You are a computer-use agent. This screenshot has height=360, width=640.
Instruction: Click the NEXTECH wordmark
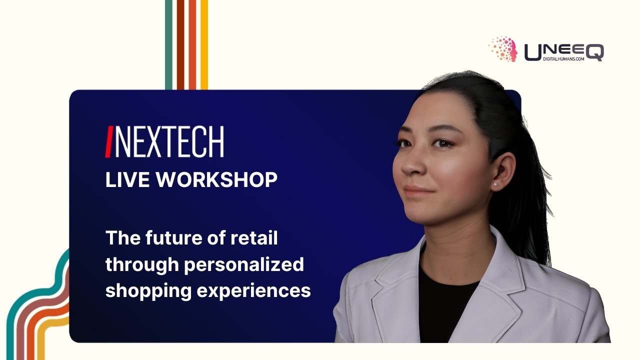169,142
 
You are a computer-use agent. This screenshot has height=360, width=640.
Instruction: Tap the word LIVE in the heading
125,180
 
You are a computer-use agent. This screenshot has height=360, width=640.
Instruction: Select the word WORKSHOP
216,180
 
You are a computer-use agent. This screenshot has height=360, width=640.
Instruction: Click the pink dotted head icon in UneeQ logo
503,49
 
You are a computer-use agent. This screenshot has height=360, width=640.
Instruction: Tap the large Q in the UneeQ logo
594,52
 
